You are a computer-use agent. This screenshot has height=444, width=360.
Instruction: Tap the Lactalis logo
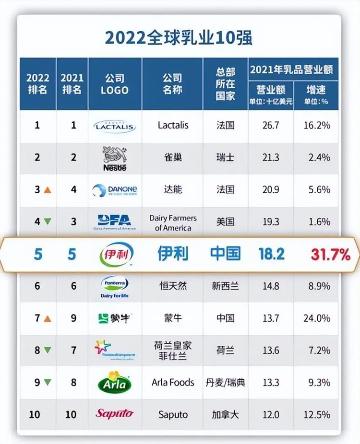click(115, 126)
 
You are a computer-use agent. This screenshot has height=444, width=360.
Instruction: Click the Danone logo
click(115, 190)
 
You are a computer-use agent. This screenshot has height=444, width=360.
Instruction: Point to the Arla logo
click(115, 382)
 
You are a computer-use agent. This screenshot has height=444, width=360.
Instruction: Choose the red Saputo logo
click(114, 413)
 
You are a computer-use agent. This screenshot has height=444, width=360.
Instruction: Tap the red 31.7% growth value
click(330, 255)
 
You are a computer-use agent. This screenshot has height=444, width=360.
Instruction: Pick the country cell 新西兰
click(225, 286)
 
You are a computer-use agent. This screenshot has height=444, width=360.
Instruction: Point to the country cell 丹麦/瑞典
click(225, 383)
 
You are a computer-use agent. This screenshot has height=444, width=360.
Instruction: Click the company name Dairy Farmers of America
click(173, 222)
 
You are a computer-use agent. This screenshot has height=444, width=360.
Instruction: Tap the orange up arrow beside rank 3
click(48, 190)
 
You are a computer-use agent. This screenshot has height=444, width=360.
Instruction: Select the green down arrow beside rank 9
click(48, 383)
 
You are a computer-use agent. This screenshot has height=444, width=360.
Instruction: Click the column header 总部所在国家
click(225, 83)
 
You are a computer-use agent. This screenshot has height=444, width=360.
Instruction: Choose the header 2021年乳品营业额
click(293, 70)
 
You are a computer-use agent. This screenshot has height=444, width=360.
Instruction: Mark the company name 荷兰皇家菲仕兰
click(173, 350)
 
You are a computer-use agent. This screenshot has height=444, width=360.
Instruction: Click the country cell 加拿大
click(225, 414)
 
